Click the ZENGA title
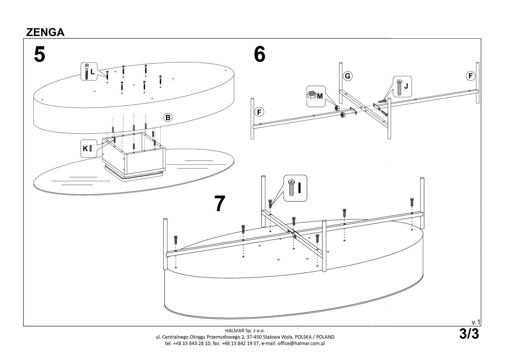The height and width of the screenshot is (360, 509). click(x=45, y=33)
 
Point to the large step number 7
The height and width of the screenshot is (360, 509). click(x=219, y=204)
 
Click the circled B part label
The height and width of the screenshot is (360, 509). click(x=168, y=117)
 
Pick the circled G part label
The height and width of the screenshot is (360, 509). click(x=347, y=76)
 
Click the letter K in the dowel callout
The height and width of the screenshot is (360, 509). click(x=85, y=149)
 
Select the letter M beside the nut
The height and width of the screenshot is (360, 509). click(x=319, y=96)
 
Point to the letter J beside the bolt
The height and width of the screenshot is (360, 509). click(x=406, y=85)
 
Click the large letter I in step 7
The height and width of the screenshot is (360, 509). click(x=299, y=187)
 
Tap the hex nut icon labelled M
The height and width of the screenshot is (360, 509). click(x=311, y=95)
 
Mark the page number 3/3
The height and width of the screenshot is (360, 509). click(x=469, y=334)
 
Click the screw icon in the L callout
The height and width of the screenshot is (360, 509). click(x=87, y=71)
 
